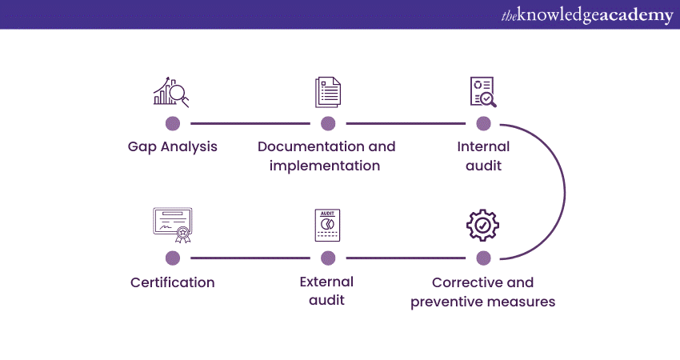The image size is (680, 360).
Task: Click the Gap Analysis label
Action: click(x=172, y=147)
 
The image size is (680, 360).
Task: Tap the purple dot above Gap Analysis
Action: click(x=172, y=123)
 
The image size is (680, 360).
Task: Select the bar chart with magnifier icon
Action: click(x=171, y=92)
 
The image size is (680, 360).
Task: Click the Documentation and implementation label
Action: click(x=326, y=156)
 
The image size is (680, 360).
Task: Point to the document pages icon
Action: click(x=327, y=92)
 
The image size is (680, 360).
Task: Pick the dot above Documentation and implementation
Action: click(x=327, y=123)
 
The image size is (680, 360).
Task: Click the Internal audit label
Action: click(x=483, y=156)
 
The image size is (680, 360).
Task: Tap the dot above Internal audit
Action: click(x=483, y=123)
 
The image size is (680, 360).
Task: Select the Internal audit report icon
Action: click(x=482, y=92)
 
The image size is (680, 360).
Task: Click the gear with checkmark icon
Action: click(x=482, y=226)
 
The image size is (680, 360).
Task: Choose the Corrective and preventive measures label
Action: click(x=482, y=292)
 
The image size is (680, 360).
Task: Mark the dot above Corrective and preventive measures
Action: click(x=483, y=258)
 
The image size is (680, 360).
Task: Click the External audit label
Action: click(x=326, y=291)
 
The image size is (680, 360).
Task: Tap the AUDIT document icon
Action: click(x=327, y=226)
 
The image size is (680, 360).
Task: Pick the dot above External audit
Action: click(x=327, y=258)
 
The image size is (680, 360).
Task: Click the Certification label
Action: click(x=172, y=282)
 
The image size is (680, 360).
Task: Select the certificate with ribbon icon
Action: click(x=172, y=225)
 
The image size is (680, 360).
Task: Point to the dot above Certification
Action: click(x=172, y=258)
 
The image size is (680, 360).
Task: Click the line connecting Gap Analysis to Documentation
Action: click(x=250, y=123)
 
